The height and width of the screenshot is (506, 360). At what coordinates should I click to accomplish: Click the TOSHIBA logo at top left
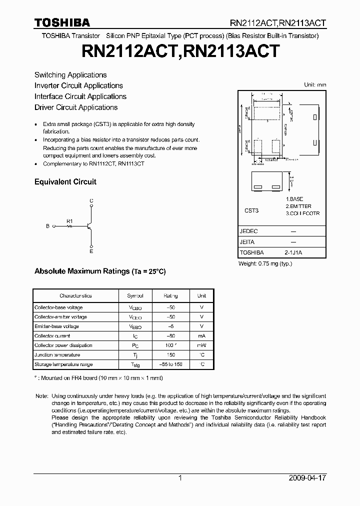[62, 22]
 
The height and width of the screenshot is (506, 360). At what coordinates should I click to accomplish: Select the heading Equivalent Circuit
[65, 182]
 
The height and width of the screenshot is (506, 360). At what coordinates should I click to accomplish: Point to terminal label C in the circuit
[91, 201]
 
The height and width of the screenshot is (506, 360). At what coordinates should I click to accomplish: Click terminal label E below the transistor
[91, 251]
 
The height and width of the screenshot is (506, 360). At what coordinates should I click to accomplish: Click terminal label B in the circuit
[48, 226]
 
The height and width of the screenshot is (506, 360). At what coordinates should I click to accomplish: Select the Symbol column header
[135, 295]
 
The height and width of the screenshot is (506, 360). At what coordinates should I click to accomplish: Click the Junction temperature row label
[57, 355]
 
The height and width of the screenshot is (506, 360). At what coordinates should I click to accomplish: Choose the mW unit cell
[201, 345]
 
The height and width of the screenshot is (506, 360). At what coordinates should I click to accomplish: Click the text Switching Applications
[70, 75]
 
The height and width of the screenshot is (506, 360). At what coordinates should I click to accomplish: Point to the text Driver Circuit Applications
[76, 107]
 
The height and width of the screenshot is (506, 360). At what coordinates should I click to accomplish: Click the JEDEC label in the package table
[248, 231]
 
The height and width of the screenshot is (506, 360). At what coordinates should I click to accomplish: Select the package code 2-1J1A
[293, 253]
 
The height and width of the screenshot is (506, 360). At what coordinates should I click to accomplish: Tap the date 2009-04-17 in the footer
[307, 478]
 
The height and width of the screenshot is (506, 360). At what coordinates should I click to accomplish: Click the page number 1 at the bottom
[180, 478]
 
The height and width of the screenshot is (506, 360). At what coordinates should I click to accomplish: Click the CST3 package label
[251, 211]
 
